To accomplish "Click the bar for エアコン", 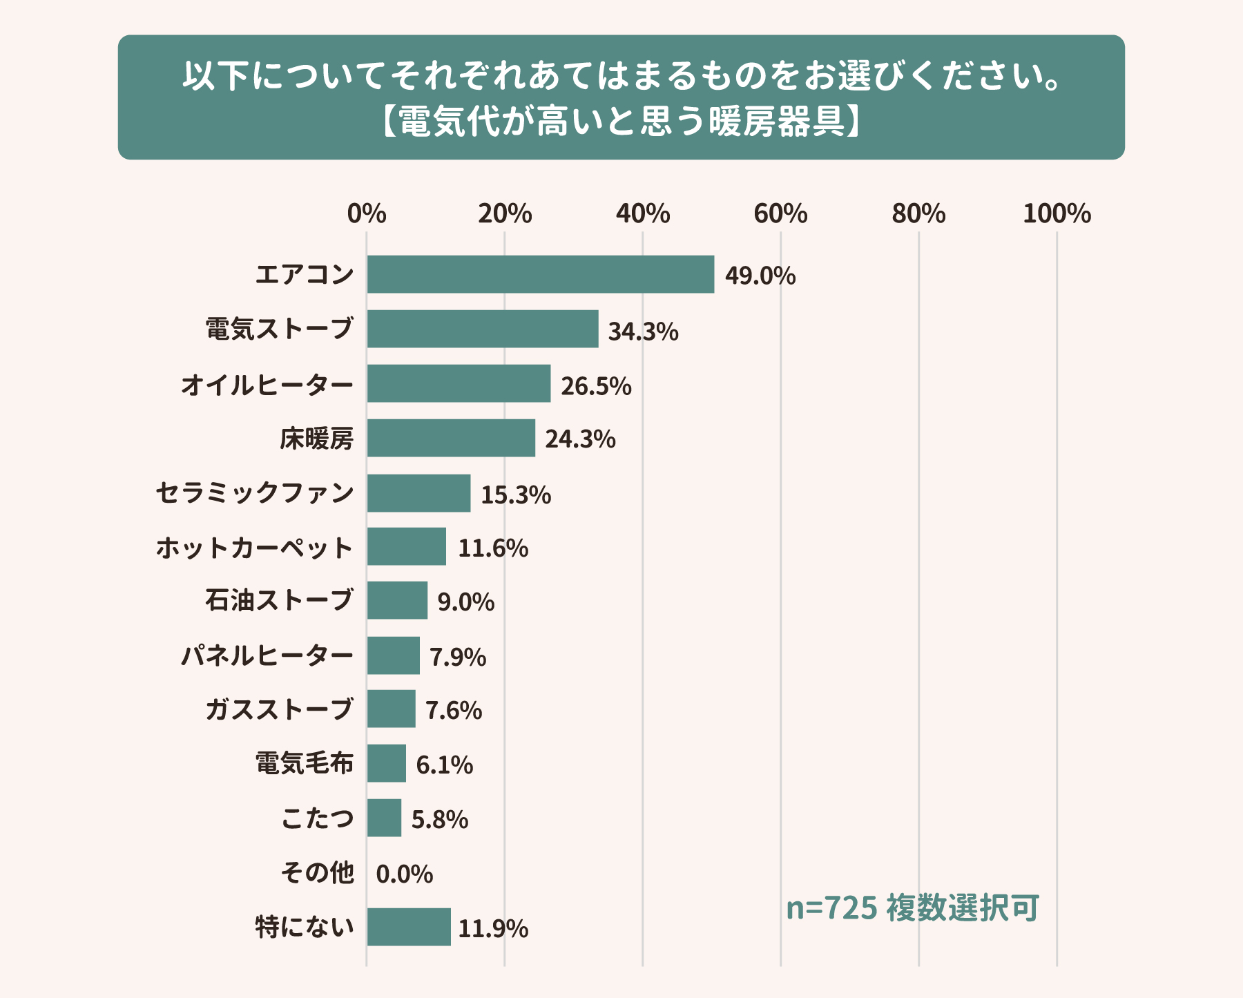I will point(540,274).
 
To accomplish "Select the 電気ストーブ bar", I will point(482,329).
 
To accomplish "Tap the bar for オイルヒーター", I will point(459,383).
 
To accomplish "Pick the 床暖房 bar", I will point(451,438).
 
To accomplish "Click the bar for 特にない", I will point(408,927).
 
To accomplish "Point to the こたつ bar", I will point(384,818).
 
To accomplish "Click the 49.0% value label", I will point(760,276).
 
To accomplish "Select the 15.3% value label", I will point(515,495).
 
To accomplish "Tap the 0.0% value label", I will point(404,874).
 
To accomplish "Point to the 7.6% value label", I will point(453,710).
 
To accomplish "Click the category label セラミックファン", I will point(255,493).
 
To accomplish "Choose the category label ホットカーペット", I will point(255,548).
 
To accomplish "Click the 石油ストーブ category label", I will point(279,600).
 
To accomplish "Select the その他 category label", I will point(317,872).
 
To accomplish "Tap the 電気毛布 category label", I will point(304,763).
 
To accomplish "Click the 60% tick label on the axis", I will point(780,214).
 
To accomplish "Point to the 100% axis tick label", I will point(1057,214).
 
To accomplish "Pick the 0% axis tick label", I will point(367,214).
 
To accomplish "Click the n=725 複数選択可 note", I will point(912,908).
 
